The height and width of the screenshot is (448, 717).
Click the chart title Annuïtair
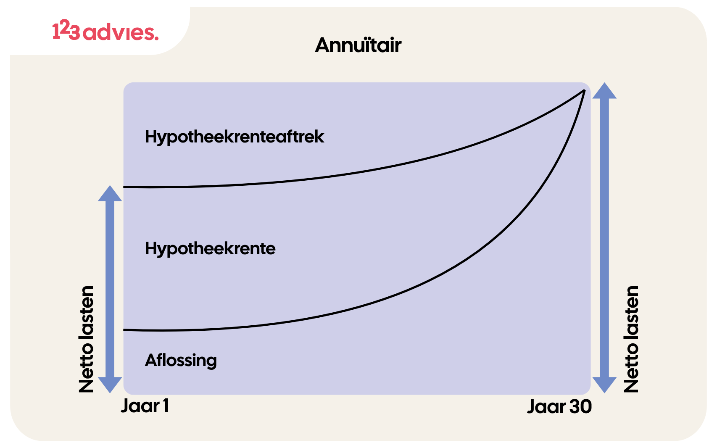click(x=358, y=45)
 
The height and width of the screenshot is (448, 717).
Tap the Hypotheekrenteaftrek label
click(x=234, y=137)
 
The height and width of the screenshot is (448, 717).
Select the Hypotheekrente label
click(x=210, y=249)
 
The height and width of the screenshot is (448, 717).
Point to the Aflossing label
click(x=181, y=361)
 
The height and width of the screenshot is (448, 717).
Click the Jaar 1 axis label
click(x=145, y=406)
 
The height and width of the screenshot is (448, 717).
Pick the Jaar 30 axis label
click(x=559, y=407)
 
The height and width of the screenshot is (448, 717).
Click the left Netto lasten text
click(x=86, y=339)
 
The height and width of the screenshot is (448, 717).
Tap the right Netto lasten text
click(x=631, y=339)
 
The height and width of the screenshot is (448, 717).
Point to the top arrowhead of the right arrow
click(x=604, y=90)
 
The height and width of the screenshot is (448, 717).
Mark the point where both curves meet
click(x=585, y=90)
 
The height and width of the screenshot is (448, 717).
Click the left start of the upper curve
click(x=124, y=187)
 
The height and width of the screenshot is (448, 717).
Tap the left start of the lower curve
click(x=124, y=329)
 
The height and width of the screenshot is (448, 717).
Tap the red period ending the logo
click(x=156, y=38)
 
